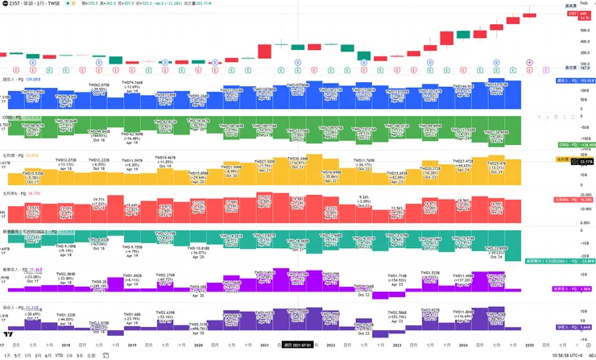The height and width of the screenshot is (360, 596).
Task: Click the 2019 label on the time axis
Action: [131, 346]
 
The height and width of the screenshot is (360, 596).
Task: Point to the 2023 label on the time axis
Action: [396, 346]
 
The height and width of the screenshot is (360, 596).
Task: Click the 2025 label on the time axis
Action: [528, 346]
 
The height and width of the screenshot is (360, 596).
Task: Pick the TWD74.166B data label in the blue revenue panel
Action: [132, 83]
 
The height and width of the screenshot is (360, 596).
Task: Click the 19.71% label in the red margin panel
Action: [100, 199]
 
